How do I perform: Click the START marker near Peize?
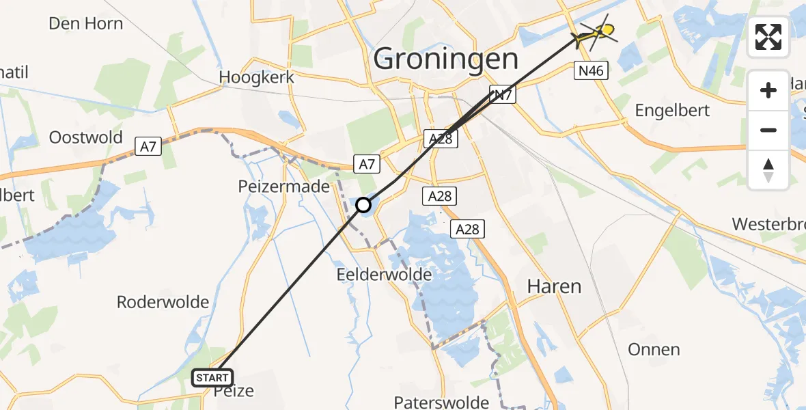[212, 377]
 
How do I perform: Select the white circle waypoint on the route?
[363, 204]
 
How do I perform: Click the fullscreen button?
[768, 37]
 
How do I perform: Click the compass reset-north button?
[768, 170]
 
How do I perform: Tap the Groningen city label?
[446, 59]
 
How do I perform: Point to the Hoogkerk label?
[257, 77]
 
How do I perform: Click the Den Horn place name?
[86, 23]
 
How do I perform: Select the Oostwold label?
[86, 137]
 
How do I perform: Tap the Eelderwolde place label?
[384, 275]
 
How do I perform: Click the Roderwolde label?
[163, 302]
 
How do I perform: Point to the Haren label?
[554, 286]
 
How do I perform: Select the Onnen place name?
[654, 350]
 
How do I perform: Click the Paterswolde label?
[441, 402]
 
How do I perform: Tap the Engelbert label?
[672, 110]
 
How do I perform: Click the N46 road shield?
[592, 70]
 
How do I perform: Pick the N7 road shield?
[502, 95]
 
